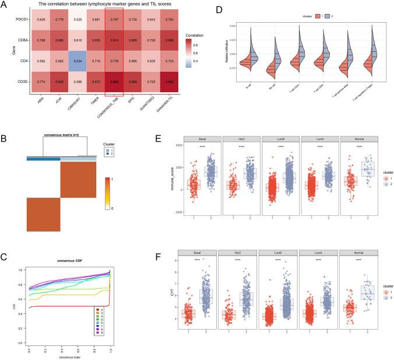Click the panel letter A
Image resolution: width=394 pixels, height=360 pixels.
pyautogui.click(x=5, y=5)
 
